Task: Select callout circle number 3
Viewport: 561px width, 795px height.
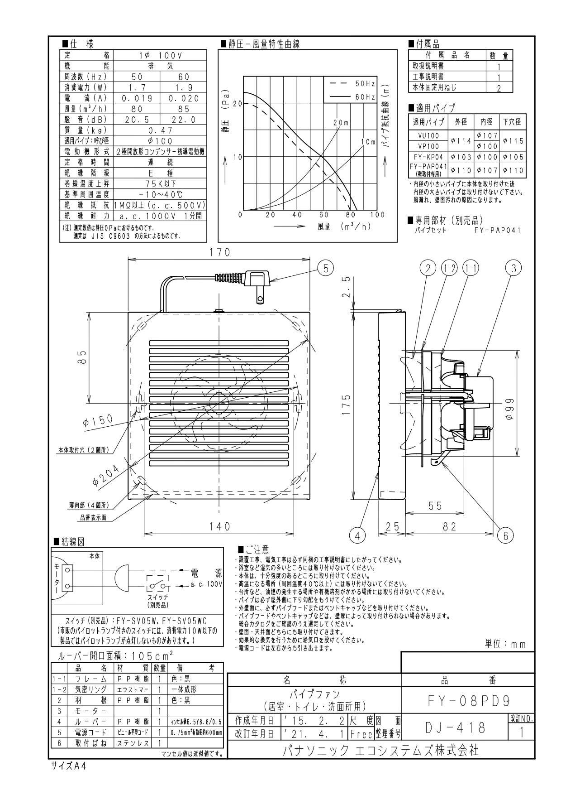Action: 513,268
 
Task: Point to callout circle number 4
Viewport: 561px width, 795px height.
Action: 357,536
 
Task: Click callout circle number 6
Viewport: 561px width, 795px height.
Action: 505,536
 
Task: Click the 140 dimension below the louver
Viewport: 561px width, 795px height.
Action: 219,526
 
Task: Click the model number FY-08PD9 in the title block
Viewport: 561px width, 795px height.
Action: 468,701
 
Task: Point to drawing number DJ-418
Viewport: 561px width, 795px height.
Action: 456,728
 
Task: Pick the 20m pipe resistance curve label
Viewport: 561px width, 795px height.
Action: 341,123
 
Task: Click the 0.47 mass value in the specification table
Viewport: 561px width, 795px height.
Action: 160,130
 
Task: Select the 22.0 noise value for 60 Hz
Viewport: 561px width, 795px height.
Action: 183,120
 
